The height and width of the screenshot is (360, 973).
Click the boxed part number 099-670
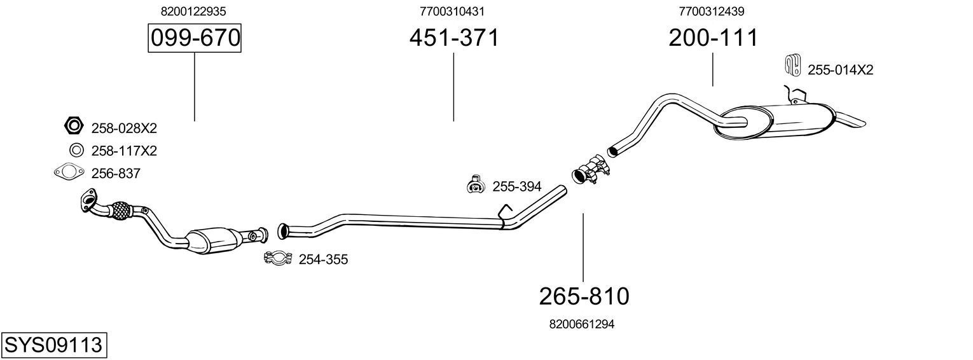click(195, 38)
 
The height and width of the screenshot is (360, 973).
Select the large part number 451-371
click(454, 38)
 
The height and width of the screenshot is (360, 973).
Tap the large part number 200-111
click(713, 38)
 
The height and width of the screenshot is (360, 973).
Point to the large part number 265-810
click(584, 296)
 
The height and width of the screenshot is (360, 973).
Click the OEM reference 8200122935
click(194, 11)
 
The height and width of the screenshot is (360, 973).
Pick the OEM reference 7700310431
click(454, 11)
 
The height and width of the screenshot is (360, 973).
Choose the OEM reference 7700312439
click(712, 11)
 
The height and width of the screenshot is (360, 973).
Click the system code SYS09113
click(53, 345)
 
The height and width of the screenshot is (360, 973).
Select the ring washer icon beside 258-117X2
click(76, 151)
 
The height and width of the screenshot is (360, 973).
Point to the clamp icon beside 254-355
click(277, 258)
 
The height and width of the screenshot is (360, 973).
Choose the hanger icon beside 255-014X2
click(792, 65)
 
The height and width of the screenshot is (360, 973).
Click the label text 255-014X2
click(840, 70)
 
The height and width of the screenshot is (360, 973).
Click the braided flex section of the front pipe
click(120, 211)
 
